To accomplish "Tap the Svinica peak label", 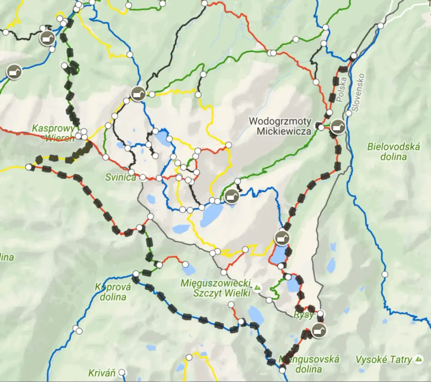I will (121, 177).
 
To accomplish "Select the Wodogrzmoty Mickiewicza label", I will (280, 125).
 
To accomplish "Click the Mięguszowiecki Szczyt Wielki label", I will (215, 288).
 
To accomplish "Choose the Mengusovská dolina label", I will (309, 364).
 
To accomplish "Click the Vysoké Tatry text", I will (384, 360).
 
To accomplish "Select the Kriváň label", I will (102, 373).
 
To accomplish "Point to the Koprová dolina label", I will (111, 292).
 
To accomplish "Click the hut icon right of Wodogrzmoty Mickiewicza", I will (338, 127).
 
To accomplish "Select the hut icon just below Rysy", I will (318, 331).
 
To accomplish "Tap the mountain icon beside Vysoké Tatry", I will (419, 359).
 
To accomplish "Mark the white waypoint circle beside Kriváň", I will (122, 372).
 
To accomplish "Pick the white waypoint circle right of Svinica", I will (142, 177).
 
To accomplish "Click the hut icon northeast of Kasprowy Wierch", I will (138, 94).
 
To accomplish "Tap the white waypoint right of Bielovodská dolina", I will (385, 274).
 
